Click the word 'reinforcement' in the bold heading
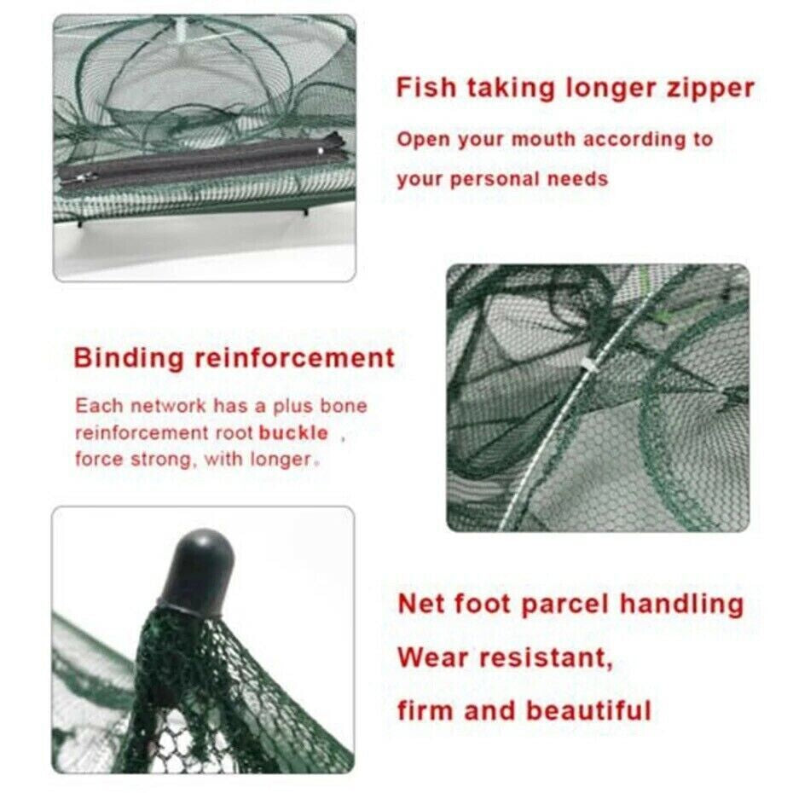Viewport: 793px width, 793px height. pyautogui.click(x=295, y=357)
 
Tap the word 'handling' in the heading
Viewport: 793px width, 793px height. pyautogui.click(x=681, y=605)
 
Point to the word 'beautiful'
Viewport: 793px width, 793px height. pyautogui.click(x=588, y=709)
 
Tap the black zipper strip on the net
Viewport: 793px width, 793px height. pyautogui.click(x=196, y=164)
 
